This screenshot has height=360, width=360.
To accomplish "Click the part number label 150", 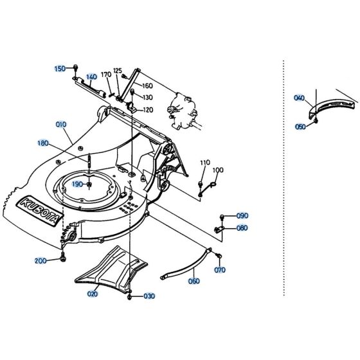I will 60,68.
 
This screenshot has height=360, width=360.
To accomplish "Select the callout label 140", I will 91,76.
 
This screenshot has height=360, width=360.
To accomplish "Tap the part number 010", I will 60,124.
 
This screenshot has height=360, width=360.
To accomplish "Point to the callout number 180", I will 61,143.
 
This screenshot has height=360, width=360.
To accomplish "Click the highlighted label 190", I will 77,184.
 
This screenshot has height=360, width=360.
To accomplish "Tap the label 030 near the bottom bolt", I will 150,296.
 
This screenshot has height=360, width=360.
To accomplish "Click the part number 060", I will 194,281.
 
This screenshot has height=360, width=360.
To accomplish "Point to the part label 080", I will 242,228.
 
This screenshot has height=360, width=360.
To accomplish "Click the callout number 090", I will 242,215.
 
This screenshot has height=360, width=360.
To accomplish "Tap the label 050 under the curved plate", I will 300,127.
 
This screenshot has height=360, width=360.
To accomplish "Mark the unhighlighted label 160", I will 147,86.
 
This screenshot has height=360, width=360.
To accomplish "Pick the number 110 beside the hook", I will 205,163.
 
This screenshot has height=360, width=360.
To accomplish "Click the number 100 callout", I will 218,170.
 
